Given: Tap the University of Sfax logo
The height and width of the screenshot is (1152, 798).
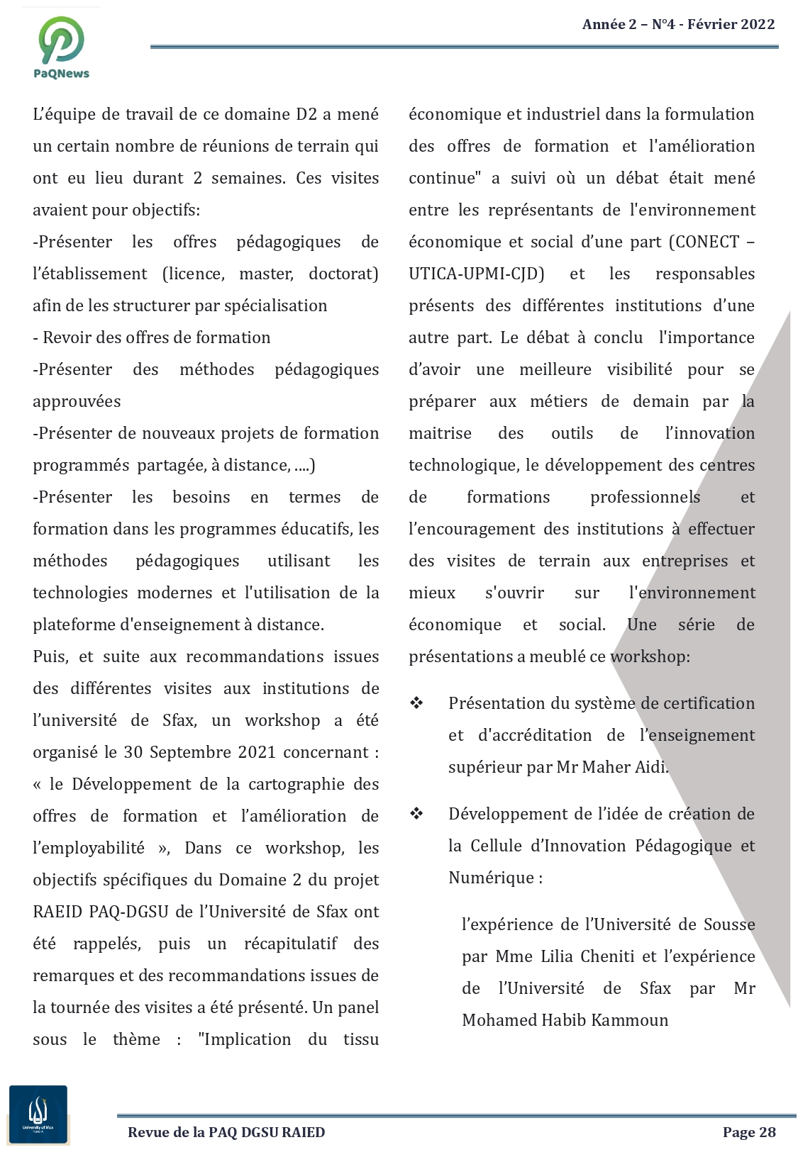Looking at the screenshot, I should pos(38,1114).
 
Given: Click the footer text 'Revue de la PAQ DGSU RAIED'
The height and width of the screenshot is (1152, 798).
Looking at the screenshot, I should pos(226,1132).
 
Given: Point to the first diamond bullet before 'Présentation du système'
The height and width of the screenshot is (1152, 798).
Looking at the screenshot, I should pos(416,703).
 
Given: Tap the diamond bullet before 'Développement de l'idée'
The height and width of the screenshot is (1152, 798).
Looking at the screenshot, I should pos(416,814).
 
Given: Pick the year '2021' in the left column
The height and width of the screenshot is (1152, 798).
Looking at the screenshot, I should pos(257,752).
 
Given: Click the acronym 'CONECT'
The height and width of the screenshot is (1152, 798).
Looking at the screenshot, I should pos(707,242).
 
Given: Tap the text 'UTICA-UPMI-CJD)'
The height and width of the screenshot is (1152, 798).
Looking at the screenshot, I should pos(477,274).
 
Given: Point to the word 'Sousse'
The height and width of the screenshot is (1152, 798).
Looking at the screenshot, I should pos(729,924).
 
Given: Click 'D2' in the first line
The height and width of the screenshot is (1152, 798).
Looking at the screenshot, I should pos(306,114).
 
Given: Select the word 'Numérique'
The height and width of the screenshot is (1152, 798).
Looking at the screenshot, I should pos(491,878).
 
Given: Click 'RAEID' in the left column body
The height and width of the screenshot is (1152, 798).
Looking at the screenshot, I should pos(58,912).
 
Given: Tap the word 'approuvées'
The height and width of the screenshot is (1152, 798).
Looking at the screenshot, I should pos(77,401).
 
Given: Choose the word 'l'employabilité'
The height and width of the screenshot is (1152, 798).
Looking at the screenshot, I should pos(89,848).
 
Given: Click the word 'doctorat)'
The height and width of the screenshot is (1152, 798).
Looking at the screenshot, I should pos(343,274).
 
